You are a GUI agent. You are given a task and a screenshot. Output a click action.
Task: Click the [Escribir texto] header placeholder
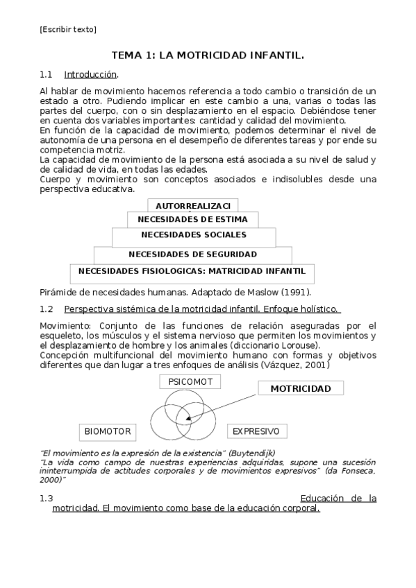tap(68, 29)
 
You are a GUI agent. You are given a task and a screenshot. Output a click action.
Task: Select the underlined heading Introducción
tap(90, 74)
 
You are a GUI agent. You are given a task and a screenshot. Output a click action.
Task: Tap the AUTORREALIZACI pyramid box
tap(193, 206)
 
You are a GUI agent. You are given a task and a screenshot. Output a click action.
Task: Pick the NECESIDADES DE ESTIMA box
tap(193, 219)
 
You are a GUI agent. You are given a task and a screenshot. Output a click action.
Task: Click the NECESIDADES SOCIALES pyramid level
tap(194, 235)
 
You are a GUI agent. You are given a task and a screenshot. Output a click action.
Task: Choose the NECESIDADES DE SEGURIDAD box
tap(193, 254)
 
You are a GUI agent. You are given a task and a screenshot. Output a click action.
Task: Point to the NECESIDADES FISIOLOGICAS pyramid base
tap(192, 271)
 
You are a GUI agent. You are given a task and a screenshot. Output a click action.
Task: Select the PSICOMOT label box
tap(190, 382)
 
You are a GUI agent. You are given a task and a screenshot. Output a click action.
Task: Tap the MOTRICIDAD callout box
tap(300, 388)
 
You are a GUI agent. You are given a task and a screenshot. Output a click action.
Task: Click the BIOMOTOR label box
tap(108, 431)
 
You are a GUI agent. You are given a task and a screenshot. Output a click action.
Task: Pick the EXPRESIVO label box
tap(256, 431)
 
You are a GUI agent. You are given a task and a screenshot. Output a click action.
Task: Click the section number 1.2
tap(47, 309)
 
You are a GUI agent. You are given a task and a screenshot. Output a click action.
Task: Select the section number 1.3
tap(47, 498)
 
